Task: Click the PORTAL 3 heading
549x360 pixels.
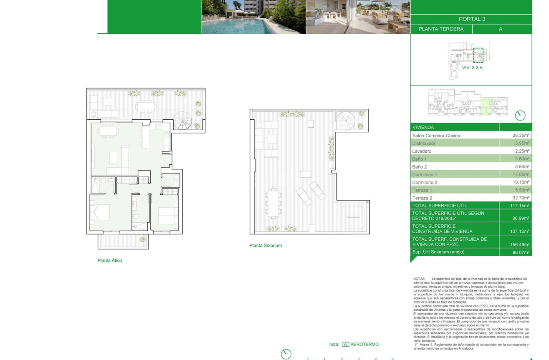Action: click(472, 19)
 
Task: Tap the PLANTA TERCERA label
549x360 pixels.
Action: click(441, 29)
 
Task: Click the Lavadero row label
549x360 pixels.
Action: click(422, 151)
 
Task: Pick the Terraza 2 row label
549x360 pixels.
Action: click(422, 198)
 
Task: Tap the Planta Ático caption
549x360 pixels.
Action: click(110, 260)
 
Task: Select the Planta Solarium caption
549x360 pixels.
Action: click(266, 245)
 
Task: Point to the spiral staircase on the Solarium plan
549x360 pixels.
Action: click(346, 121)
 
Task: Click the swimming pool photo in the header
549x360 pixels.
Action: click(253, 17)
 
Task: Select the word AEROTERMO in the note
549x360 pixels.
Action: click(365, 345)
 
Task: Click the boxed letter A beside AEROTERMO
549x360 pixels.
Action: click(345, 345)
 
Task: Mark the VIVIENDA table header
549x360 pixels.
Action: click(423, 127)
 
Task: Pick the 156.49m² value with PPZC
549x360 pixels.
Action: click(520, 245)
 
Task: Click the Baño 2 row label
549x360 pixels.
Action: click(420, 166)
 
